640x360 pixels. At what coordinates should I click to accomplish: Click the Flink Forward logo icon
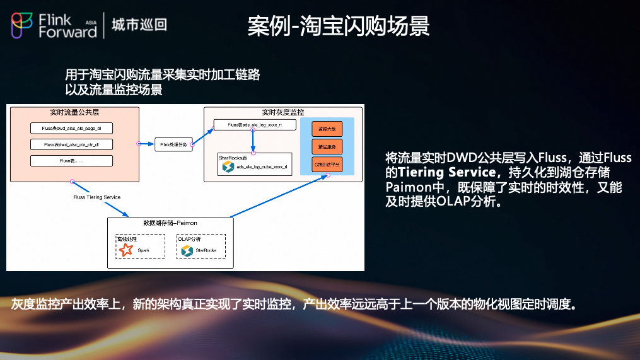coord(21,25)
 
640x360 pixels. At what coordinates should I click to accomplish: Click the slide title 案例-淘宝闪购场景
coord(339,26)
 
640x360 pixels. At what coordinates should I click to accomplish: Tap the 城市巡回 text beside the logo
coord(139,25)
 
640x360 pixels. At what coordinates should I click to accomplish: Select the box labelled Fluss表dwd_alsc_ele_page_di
coord(71,128)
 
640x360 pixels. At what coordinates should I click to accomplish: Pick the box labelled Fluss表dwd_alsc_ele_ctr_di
coord(71,144)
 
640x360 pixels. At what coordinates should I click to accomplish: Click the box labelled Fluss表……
coord(71,161)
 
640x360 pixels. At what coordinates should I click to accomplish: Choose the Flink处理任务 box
coord(172,144)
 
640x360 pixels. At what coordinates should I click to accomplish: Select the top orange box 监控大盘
coord(327,129)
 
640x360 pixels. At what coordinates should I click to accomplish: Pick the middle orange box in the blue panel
coord(327,146)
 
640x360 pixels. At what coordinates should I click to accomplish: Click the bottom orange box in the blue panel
coord(327,164)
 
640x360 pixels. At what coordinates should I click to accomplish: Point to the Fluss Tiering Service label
coord(96,197)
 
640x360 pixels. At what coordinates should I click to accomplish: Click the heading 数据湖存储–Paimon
coord(170,223)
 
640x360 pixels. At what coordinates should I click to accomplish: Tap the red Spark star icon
coord(126,250)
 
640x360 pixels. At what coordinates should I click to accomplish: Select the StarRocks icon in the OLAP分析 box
coord(187,250)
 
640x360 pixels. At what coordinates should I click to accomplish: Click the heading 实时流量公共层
coord(74,112)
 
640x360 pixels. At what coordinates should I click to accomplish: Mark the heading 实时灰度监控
coord(283,112)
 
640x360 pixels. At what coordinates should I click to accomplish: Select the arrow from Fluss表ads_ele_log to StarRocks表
coord(253,140)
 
